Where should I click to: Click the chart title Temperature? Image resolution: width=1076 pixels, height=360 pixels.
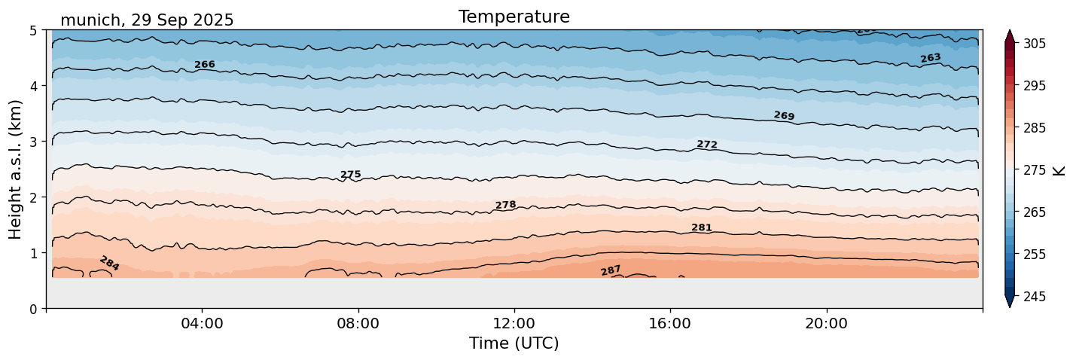514,17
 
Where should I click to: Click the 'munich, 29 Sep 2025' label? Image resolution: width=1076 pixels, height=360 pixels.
147,20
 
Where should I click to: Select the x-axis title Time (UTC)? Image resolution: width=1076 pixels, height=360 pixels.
514,343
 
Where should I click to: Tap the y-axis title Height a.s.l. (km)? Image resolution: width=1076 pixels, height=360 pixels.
16,169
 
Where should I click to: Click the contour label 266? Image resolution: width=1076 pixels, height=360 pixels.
205,65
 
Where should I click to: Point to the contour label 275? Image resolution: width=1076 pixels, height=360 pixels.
351,175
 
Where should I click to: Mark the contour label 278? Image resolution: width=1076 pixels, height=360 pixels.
505,205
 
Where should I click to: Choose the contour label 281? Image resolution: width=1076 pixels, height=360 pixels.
701,228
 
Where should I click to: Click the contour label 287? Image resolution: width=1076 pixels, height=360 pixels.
611,270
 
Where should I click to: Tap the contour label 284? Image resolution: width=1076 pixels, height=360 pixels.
109,263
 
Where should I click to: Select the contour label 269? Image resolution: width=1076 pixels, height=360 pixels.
784,116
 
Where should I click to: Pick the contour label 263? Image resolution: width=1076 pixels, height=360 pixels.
931,58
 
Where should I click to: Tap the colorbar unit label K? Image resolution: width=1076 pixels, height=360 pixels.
1059,170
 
